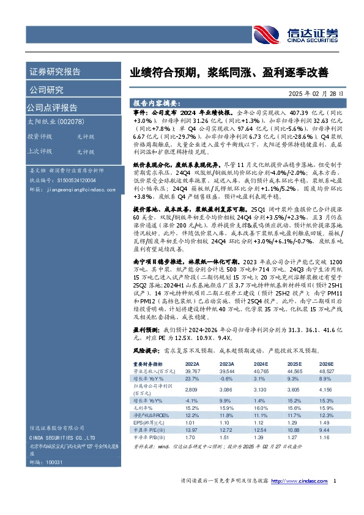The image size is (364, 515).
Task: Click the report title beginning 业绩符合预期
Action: point(228,73)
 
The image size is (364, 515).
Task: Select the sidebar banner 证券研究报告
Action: point(55,72)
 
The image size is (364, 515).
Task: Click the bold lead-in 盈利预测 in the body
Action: point(145,328)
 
